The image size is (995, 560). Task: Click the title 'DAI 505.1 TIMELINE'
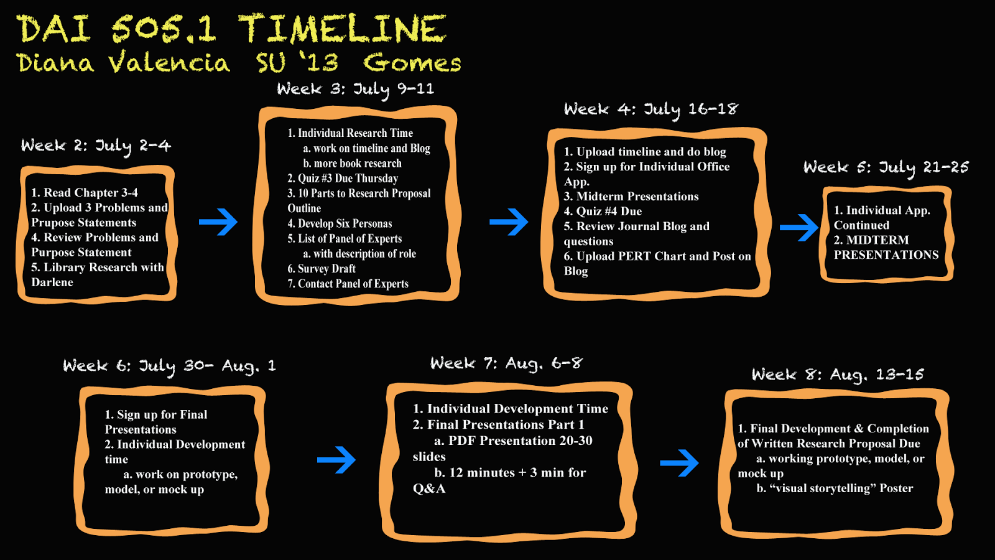tap(231, 29)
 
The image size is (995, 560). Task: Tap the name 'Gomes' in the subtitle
tap(412, 63)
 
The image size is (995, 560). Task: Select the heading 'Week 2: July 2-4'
tap(96, 146)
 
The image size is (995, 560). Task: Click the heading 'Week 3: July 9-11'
tap(355, 90)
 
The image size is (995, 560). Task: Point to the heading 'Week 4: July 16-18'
tap(650, 110)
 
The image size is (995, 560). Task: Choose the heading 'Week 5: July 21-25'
tap(886, 167)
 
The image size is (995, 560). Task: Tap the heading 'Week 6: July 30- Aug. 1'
tap(169, 366)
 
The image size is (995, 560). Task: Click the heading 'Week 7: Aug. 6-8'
tap(506, 363)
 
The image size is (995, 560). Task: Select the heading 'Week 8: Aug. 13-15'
tap(838, 375)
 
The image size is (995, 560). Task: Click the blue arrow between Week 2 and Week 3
tap(218, 222)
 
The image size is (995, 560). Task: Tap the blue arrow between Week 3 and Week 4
tap(509, 222)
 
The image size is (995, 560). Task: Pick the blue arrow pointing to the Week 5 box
tap(799, 228)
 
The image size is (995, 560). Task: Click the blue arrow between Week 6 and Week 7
tap(336, 460)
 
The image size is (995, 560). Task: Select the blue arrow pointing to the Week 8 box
tap(679, 463)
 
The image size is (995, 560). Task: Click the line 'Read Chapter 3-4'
tap(85, 193)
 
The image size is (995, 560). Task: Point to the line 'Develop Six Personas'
tap(340, 223)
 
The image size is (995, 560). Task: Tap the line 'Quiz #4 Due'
tap(603, 212)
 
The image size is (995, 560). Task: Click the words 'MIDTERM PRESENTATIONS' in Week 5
tap(886, 248)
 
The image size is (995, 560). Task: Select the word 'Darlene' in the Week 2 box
tap(52, 282)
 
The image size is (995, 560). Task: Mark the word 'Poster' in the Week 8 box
tap(896, 488)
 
